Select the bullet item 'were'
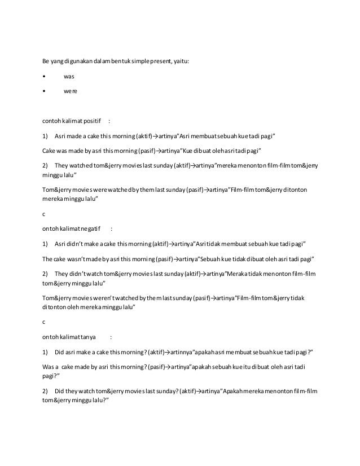tap(70, 90)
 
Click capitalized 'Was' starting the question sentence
tap(49, 366)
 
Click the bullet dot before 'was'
tap(44, 75)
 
